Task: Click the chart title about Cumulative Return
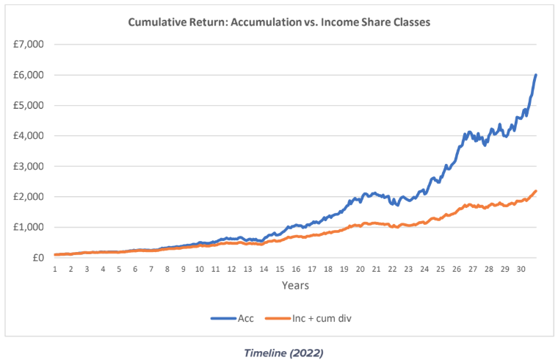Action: [279, 22]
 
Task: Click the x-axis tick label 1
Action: [55, 270]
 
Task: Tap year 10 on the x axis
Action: [199, 270]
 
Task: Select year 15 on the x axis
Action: [280, 270]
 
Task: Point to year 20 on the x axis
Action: [360, 270]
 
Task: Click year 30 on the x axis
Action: [521, 270]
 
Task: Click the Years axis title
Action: [294, 285]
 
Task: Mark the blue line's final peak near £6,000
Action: [536, 75]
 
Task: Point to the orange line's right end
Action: [536, 191]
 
